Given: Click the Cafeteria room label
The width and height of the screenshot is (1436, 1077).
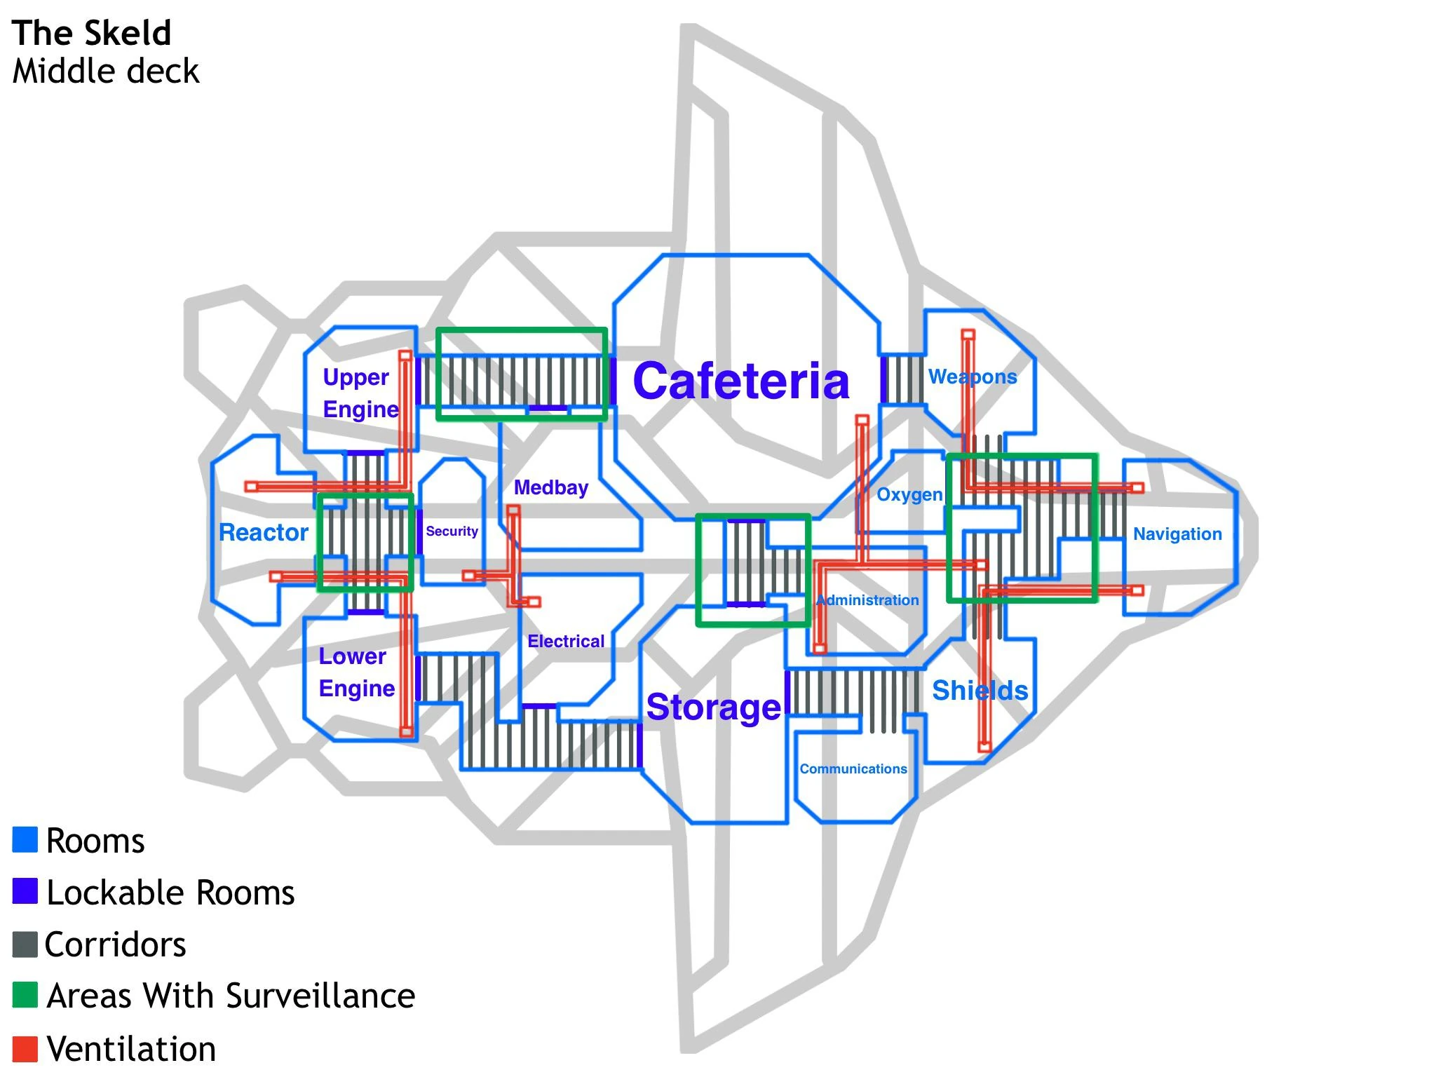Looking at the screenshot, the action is pyautogui.click(x=741, y=381).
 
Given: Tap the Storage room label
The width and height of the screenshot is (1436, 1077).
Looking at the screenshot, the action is pyautogui.click(x=713, y=707).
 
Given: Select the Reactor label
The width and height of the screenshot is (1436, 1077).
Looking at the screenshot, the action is pyautogui.click(x=264, y=533).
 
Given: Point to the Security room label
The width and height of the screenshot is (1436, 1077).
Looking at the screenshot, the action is pyautogui.click(x=452, y=531).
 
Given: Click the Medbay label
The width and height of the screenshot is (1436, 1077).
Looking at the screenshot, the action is pyautogui.click(x=551, y=487).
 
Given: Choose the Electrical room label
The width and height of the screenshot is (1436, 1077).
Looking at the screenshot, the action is pyautogui.click(x=566, y=642).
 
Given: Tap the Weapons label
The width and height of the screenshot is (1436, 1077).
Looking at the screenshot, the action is pyautogui.click(x=973, y=377).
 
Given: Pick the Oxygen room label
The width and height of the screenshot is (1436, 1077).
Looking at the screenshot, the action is pyautogui.click(x=909, y=495).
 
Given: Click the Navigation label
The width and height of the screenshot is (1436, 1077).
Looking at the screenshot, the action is pyautogui.click(x=1177, y=534).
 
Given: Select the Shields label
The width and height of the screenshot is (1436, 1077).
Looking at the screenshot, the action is pyautogui.click(x=980, y=691).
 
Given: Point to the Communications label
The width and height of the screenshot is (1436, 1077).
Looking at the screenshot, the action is pyautogui.click(x=853, y=769).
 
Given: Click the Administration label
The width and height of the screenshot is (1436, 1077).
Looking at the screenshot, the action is pyautogui.click(x=867, y=600).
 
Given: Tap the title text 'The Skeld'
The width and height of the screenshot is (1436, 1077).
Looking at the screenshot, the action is pyautogui.click(x=92, y=33).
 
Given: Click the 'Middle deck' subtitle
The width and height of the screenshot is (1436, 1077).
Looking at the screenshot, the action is pyautogui.click(x=106, y=72).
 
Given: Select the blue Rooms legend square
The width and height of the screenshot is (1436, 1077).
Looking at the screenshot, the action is pyautogui.click(x=25, y=840).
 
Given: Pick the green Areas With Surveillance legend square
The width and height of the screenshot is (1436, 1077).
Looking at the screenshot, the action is pyautogui.click(x=25, y=995).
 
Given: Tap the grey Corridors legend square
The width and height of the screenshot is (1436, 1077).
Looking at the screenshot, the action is pyautogui.click(x=25, y=944).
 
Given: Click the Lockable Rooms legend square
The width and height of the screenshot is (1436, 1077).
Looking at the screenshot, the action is pyautogui.click(x=25, y=892).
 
